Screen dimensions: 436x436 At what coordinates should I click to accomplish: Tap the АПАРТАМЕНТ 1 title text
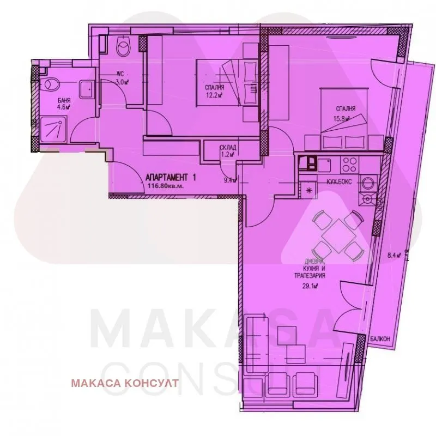tap(170, 177)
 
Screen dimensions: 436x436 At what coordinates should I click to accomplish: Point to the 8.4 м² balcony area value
tap(394, 255)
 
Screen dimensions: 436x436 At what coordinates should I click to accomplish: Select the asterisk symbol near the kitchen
tap(310, 190)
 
